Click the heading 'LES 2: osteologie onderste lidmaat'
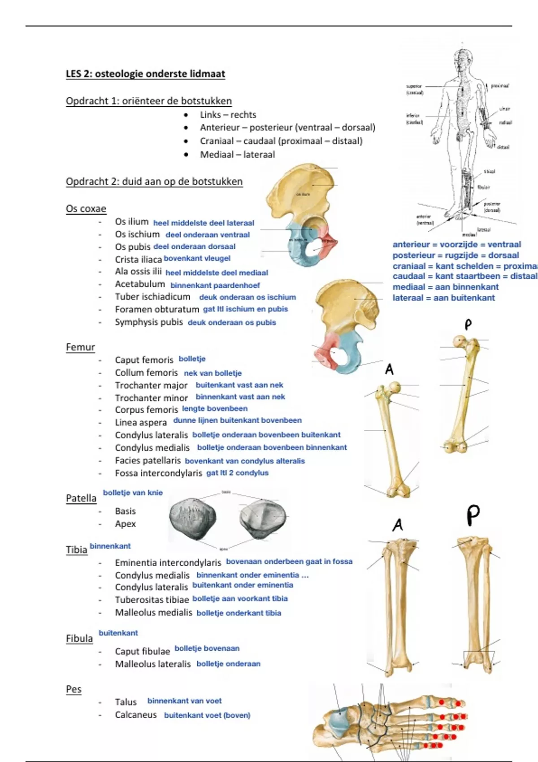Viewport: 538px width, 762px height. pos(145,74)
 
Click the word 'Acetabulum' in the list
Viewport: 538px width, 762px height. pos(140,284)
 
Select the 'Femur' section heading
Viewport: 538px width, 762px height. pos(80,347)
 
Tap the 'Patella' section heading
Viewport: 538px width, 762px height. pos(81,498)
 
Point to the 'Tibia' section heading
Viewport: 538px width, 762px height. pos(76,550)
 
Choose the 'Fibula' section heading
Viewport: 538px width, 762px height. pos(79,639)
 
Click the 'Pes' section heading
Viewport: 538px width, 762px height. pos(74,689)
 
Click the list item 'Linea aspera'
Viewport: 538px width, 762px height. pos(141,423)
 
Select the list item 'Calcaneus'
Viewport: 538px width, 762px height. pos(136,715)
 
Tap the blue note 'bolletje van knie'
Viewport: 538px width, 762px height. pos(133,493)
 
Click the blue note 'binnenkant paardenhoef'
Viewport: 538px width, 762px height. pos(215,285)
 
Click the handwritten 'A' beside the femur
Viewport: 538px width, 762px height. pos(389,369)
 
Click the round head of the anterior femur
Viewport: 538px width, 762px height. pos(395,387)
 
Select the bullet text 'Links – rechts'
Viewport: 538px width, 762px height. pos(228,115)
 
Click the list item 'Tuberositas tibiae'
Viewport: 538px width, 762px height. pos(152,600)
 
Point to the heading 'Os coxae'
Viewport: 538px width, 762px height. pos(86,209)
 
